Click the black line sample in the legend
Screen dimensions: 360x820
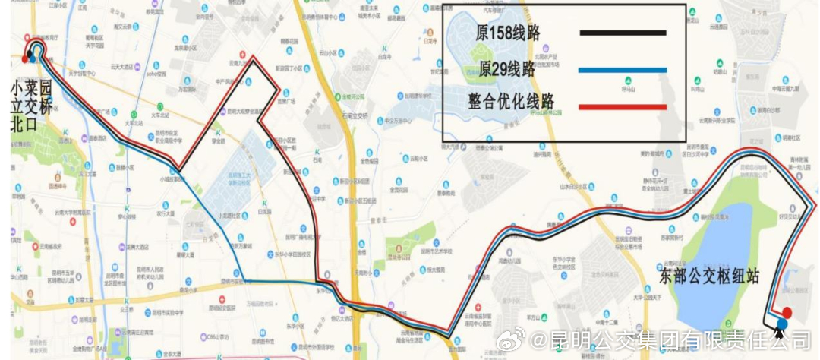(x=623, y=33)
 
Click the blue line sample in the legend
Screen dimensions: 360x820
(x=623, y=70)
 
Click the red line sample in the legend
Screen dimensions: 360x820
(x=623, y=106)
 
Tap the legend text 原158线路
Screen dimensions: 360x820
(x=507, y=34)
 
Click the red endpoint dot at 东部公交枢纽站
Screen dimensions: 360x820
(x=787, y=312)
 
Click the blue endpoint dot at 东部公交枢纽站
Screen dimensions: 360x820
(x=782, y=324)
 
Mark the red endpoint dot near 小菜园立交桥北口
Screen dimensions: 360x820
(x=25, y=58)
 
